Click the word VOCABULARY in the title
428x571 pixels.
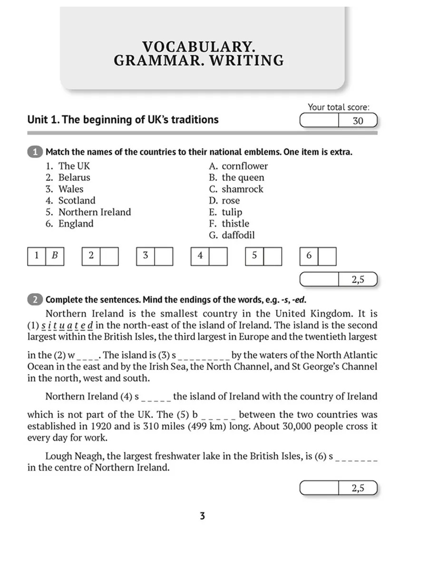199,47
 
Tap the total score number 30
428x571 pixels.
358,121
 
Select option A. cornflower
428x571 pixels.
238,166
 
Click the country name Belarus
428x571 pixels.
74,177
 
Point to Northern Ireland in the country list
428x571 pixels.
94,212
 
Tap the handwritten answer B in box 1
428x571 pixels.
55,256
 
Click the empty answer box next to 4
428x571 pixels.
218,256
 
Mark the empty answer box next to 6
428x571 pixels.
327,256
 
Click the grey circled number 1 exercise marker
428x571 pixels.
36,152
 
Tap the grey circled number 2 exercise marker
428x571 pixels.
36,300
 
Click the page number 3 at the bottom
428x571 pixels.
202,516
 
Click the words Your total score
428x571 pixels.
338,108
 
